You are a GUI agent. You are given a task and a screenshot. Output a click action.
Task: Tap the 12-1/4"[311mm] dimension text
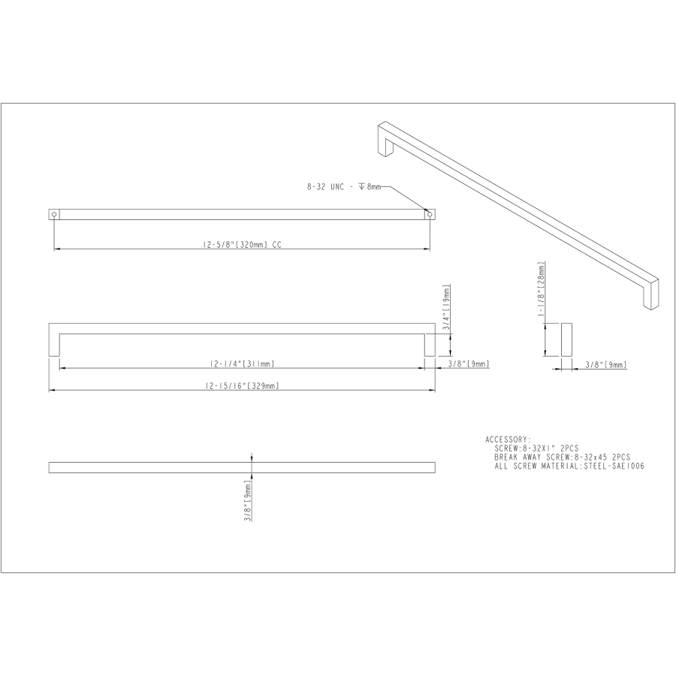pyautogui.click(x=242, y=364)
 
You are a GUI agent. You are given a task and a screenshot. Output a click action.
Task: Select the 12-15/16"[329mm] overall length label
pyautogui.click(x=242, y=385)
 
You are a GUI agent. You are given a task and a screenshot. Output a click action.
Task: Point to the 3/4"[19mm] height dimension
pyautogui.click(x=446, y=306)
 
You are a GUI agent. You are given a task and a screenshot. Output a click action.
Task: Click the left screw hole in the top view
pyautogui.click(x=54, y=214)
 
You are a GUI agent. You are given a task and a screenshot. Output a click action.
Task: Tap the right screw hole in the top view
pyautogui.click(x=429, y=214)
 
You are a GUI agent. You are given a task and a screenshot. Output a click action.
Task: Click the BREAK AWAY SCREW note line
pyautogui.click(x=562, y=457)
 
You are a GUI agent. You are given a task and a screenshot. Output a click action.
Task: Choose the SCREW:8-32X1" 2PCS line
pyautogui.click(x=537, y=448)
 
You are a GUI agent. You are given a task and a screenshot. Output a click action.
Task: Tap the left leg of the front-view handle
pyautogui.click(x=54, y=343)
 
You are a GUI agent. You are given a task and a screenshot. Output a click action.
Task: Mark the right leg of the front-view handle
pyautogui.click(x=430, y=343)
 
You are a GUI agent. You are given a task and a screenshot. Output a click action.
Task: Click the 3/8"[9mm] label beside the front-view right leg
pyautogui.click(x=468, y=364)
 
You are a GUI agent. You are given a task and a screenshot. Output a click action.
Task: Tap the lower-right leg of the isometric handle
pyautogui.click(x=650, y=295)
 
